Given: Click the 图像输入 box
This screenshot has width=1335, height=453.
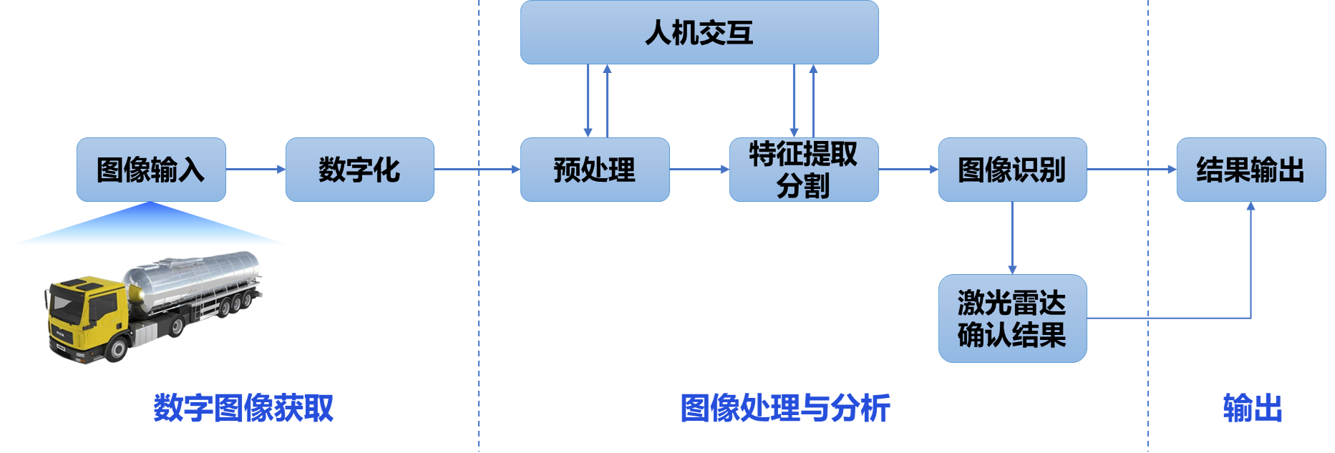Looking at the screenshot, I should tap(151, 170).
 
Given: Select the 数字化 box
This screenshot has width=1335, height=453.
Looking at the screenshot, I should tap(359, 170).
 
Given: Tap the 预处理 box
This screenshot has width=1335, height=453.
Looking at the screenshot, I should tap(594, 170).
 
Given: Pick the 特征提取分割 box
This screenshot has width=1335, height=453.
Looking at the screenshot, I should tap(803, 170).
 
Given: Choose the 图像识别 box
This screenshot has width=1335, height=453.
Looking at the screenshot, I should tap(1012, 170).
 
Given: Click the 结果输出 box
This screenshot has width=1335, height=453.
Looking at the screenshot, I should tap(1251, 170).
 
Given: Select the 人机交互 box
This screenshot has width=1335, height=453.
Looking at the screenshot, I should tap(699, 33).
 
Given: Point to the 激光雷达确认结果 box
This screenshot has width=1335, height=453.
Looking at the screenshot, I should tap(1012, 318).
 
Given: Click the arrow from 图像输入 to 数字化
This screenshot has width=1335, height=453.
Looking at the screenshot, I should tap(256, 170).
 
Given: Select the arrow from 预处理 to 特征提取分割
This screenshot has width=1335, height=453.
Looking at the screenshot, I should tap(699, 170).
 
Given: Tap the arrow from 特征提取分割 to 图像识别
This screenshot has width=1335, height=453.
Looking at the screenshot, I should tap(908, 170).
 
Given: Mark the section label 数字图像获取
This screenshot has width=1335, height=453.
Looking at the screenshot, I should tap(243, 408).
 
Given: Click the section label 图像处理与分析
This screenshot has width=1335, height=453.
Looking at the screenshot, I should tap(785, 408).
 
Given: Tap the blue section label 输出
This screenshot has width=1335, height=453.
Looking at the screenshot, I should tap(1252, 408).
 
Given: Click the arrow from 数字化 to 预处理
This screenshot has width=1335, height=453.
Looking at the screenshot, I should tap(477, 170).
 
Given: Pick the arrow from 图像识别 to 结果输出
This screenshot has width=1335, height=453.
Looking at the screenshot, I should tap(1131, 170).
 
